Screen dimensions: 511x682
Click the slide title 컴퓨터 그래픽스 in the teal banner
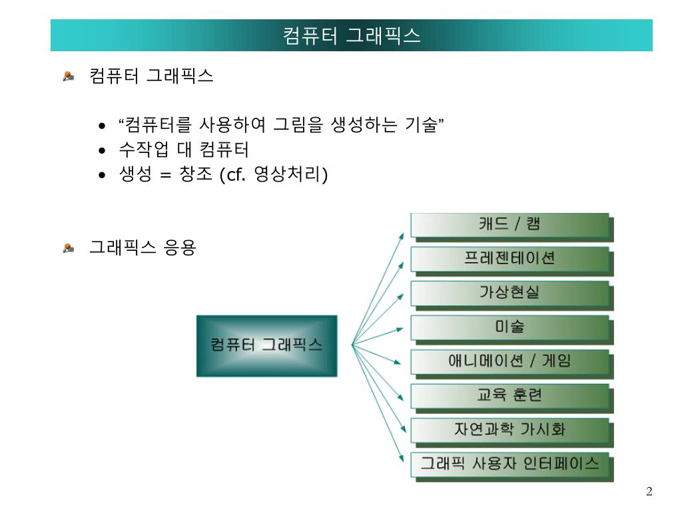pyautogui.click(x=352, y=35)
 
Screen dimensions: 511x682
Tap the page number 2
pyautogui.click(x=649, y=492)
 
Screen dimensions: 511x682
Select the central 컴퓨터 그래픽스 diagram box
pyautogui.click(x=266, y=345)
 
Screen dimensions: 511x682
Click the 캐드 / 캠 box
pyautogui.click(x=510, y=225)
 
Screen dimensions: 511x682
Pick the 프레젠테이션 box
pyautogui.click(x=510, y=259)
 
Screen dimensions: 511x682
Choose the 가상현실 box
pyautogui.click(x=510, y=293)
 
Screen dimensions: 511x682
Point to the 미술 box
pyautogui.click(x=510, y=327)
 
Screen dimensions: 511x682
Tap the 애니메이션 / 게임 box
pyautogui.click(x=510, y=362)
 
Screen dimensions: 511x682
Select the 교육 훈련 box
pyautogui.click(x=510, y=396)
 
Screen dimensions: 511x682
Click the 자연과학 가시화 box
pyautogui.click(x=510, y=430)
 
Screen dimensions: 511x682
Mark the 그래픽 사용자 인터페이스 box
pyautogui.click(x=510, y=464)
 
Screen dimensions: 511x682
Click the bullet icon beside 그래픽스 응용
pyautogui.click(x=69, y=248)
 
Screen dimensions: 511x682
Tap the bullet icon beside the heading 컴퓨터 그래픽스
pyautogui.click(x=69, y=76)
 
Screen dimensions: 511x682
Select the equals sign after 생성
pyautogui.click(x=166, y=175)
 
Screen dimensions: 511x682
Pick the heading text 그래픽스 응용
pyautogui.click(x=143, y=248)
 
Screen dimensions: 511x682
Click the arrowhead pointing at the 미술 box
pyautogui.click(x=400, y=329)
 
